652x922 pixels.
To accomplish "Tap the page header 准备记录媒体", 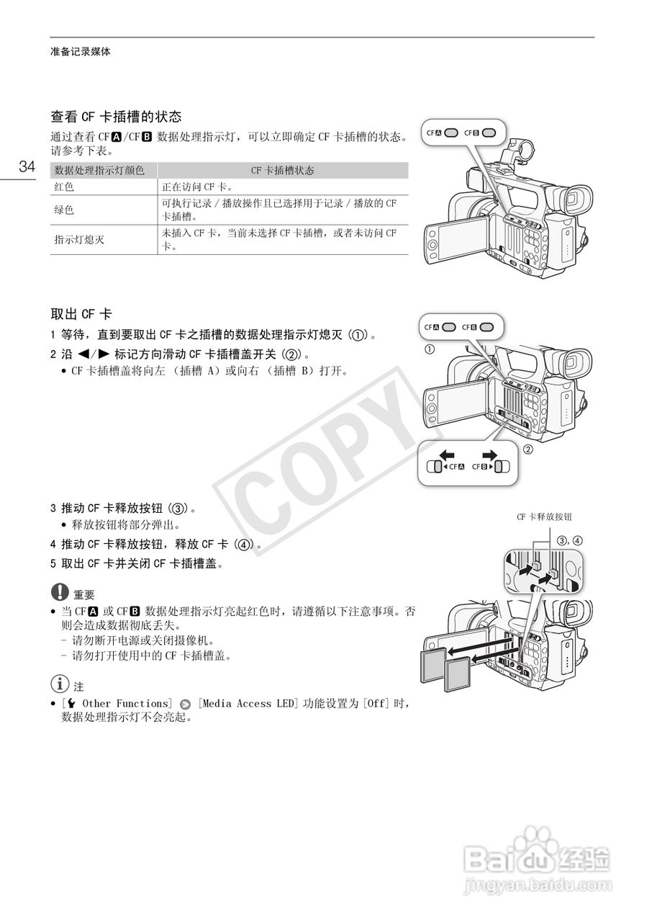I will (81, 52).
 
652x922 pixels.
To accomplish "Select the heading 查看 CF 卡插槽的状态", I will (115, 116).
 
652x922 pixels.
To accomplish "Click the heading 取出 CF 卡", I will (81, 314).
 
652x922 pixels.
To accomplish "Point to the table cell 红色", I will (64, 187).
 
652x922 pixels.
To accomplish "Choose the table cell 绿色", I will (64, 210).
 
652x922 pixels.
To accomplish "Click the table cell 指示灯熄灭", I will (79, 240).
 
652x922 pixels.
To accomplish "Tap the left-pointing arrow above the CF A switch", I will (447, 455).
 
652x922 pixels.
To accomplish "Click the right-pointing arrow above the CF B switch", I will (490, 455).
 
